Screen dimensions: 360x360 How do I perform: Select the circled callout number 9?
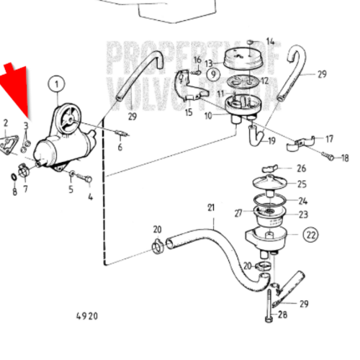coord(213,73)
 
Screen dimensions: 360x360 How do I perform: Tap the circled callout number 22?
coord(310,234)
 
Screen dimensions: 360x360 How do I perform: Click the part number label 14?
coord(270,41)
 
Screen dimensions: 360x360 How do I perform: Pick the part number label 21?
coord(211,209)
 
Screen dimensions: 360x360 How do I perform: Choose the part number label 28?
coord(282,315)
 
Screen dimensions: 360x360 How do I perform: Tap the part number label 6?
coord(120,148)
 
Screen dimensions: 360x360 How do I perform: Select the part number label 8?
coord(14,192)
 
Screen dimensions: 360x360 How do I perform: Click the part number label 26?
coord(302,168)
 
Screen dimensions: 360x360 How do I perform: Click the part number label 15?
coord(189,112)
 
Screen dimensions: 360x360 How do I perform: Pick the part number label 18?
coord(344,158)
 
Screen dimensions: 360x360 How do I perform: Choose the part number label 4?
coord(90,195)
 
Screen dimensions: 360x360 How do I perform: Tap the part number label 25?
coord(302,184)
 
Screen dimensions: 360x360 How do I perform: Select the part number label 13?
coord(208,63)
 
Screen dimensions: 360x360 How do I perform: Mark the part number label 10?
coord(208,116)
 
